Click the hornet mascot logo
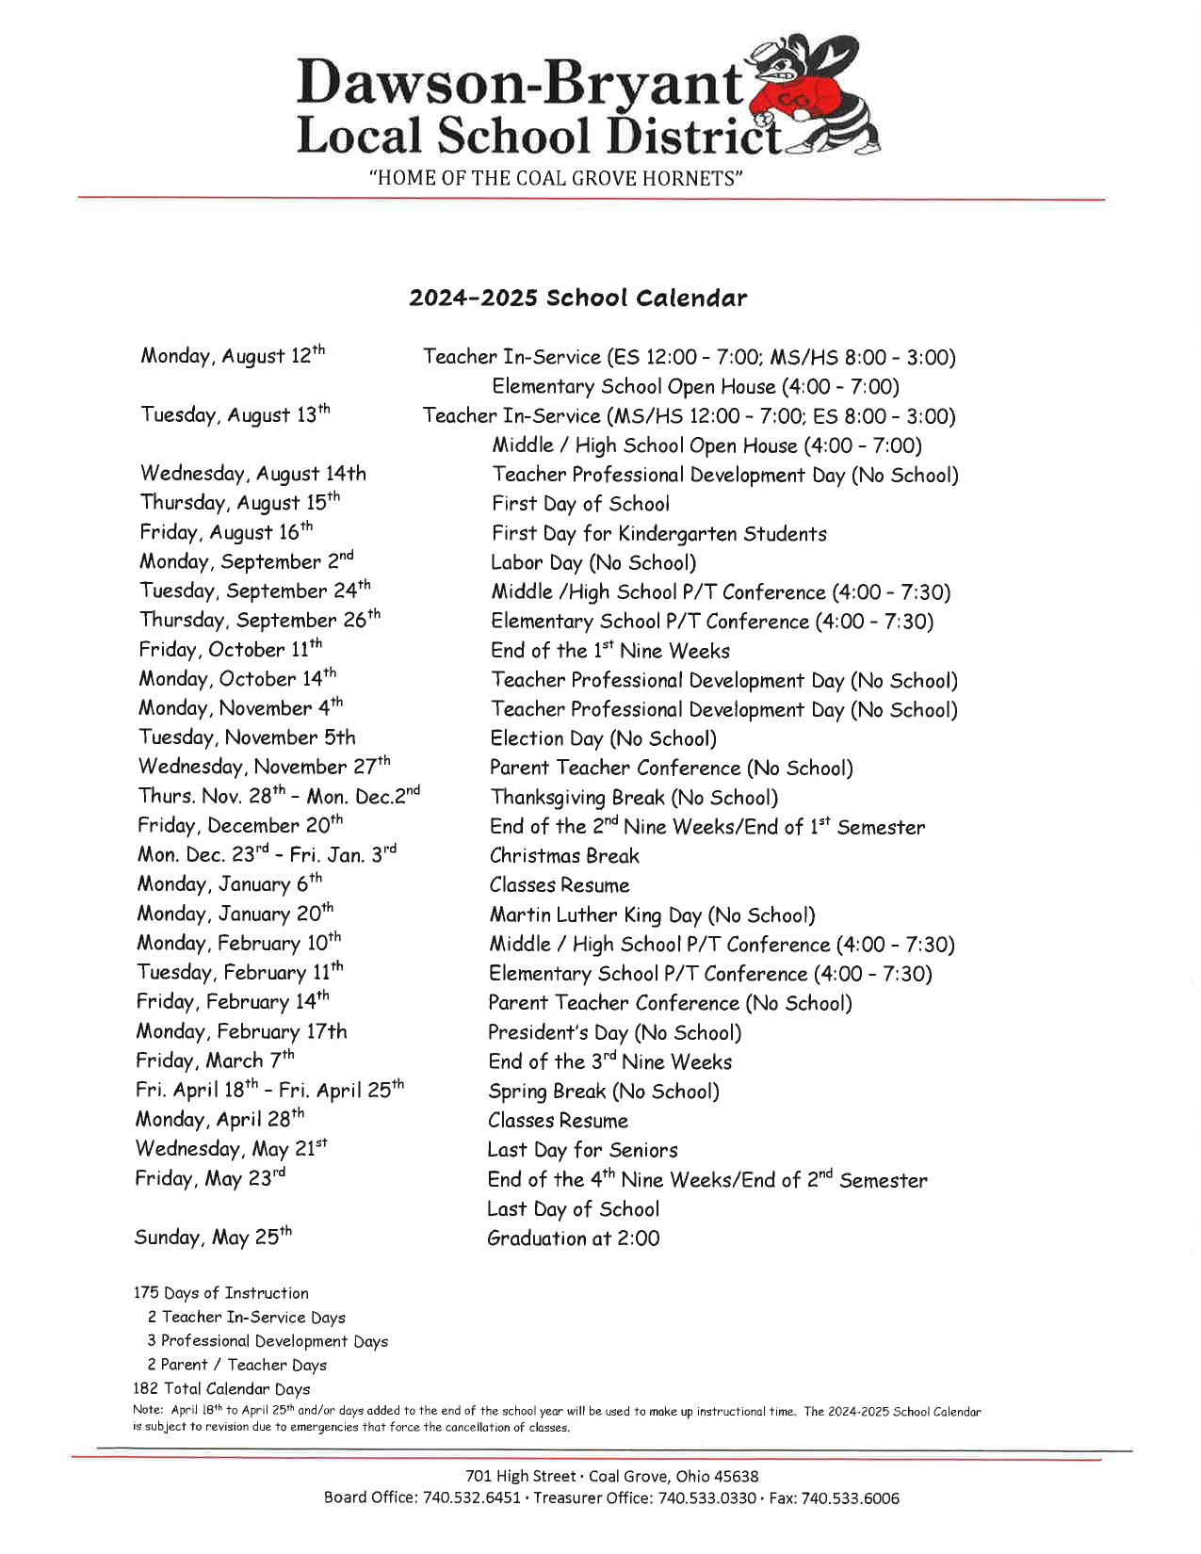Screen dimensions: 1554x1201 tap(818, 94)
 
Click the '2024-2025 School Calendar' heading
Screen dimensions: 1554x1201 tap(577, 299)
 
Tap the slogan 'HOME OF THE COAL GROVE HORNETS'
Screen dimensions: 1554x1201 tap(556, 178)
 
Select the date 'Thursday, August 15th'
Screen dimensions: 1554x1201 tap(239, 503)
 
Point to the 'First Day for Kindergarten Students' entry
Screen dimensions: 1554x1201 tap(658, 534)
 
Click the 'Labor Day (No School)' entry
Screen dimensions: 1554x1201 tap(593, 563)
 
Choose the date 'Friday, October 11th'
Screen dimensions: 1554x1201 tap(230, 650)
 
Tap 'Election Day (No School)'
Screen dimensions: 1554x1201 tap(603, 739)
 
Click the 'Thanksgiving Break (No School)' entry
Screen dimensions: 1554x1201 tap(634, 798)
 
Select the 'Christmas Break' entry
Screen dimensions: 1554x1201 tap(564, 856)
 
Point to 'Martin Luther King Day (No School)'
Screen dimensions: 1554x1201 tap(652, 915)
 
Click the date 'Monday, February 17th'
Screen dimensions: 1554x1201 tap(241, 1032)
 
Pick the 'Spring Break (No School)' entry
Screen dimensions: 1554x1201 tap(603, 1092)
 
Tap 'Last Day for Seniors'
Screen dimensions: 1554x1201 tap(582, 1150)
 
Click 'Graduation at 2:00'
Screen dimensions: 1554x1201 tap(573, 1238)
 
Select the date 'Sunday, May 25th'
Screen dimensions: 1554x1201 tap(213, 1238)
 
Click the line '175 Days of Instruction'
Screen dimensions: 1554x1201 tap(220, 1293)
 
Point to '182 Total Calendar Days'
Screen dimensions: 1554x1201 tap(221, 1388)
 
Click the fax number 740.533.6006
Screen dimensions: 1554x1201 tap(850, 1497)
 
